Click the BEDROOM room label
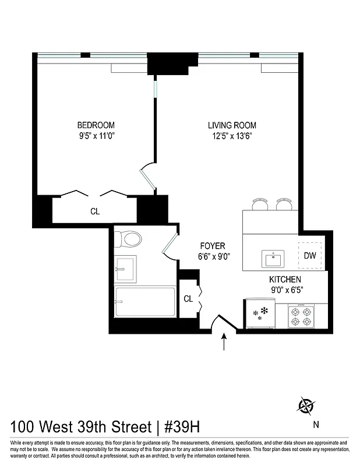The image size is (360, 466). point(96,125)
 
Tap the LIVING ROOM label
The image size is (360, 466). point(232,125)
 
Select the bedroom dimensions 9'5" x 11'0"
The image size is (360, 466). point(96,137)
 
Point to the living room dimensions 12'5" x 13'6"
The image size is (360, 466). point(232,137)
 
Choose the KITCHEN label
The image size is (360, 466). point(285,280)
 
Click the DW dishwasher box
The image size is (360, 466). point(310,255)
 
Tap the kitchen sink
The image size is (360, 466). point(271,257)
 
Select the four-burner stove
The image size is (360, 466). point(301,316)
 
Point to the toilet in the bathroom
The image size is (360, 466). point(129,239)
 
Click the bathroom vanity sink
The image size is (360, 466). point(125,269)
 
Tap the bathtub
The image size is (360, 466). point(144,302)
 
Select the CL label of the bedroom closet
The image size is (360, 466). point(95,212)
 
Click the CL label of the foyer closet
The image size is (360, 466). point(188,299)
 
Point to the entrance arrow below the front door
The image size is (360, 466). point(224,342)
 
